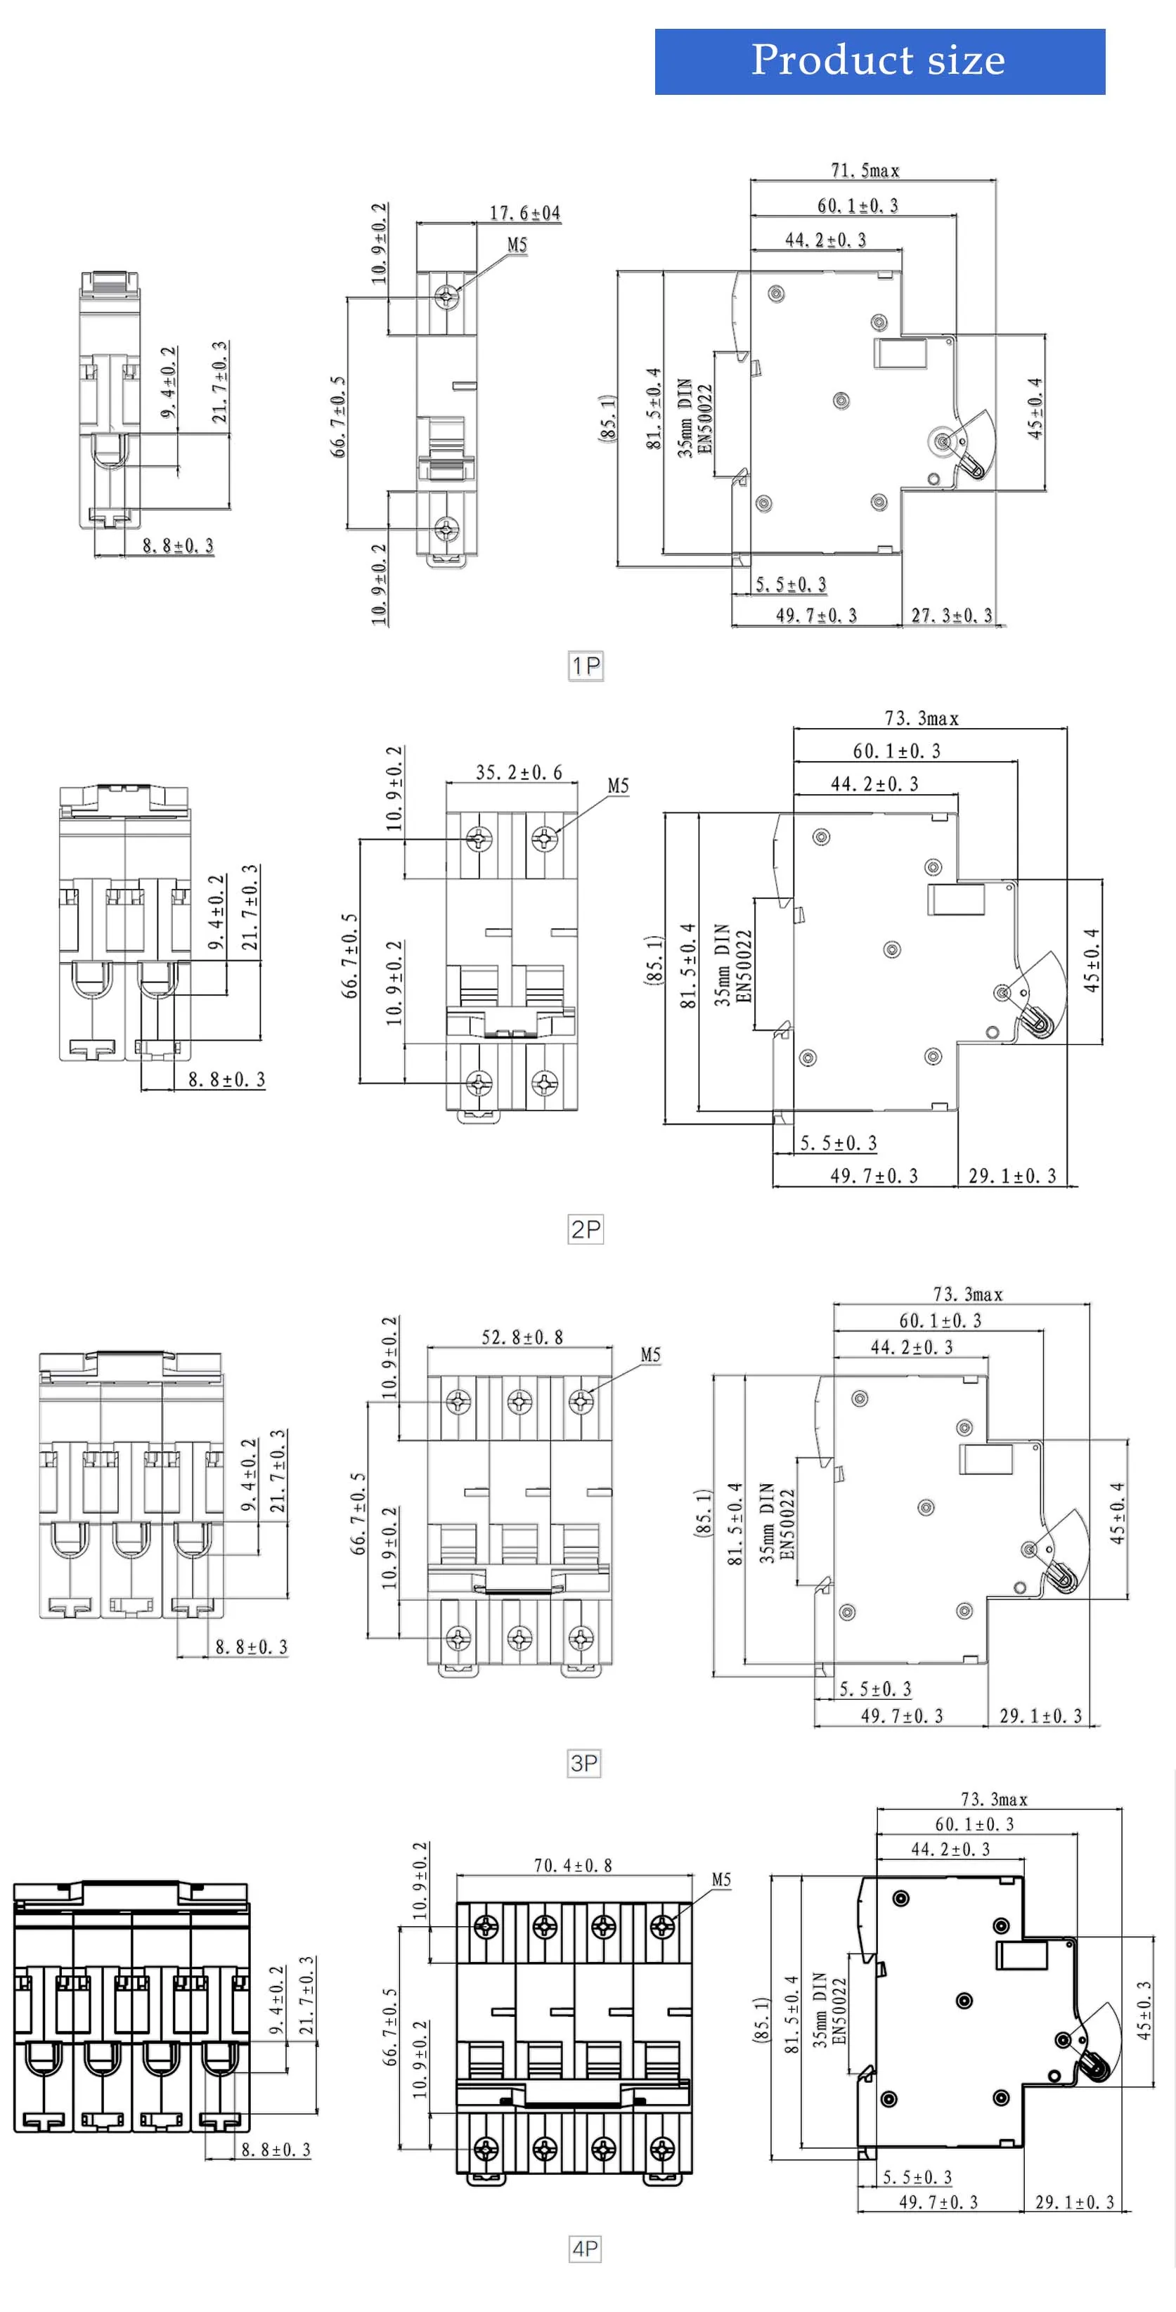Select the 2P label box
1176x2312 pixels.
586,1228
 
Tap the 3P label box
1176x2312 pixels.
584,1762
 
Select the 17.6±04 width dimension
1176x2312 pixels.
524,214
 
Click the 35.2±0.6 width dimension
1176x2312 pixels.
518,772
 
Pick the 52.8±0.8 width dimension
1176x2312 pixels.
522,1337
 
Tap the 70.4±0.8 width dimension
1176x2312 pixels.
573,1865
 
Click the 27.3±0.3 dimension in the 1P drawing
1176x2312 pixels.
952,616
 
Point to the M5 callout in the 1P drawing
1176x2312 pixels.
517,245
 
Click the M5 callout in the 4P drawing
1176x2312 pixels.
721,1878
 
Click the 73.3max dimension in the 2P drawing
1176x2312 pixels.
921,718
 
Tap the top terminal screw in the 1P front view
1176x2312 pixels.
446,295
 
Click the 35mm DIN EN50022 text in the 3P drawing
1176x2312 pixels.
777,1523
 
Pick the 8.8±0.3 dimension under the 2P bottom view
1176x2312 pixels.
226,1079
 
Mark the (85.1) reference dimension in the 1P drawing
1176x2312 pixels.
608,417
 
